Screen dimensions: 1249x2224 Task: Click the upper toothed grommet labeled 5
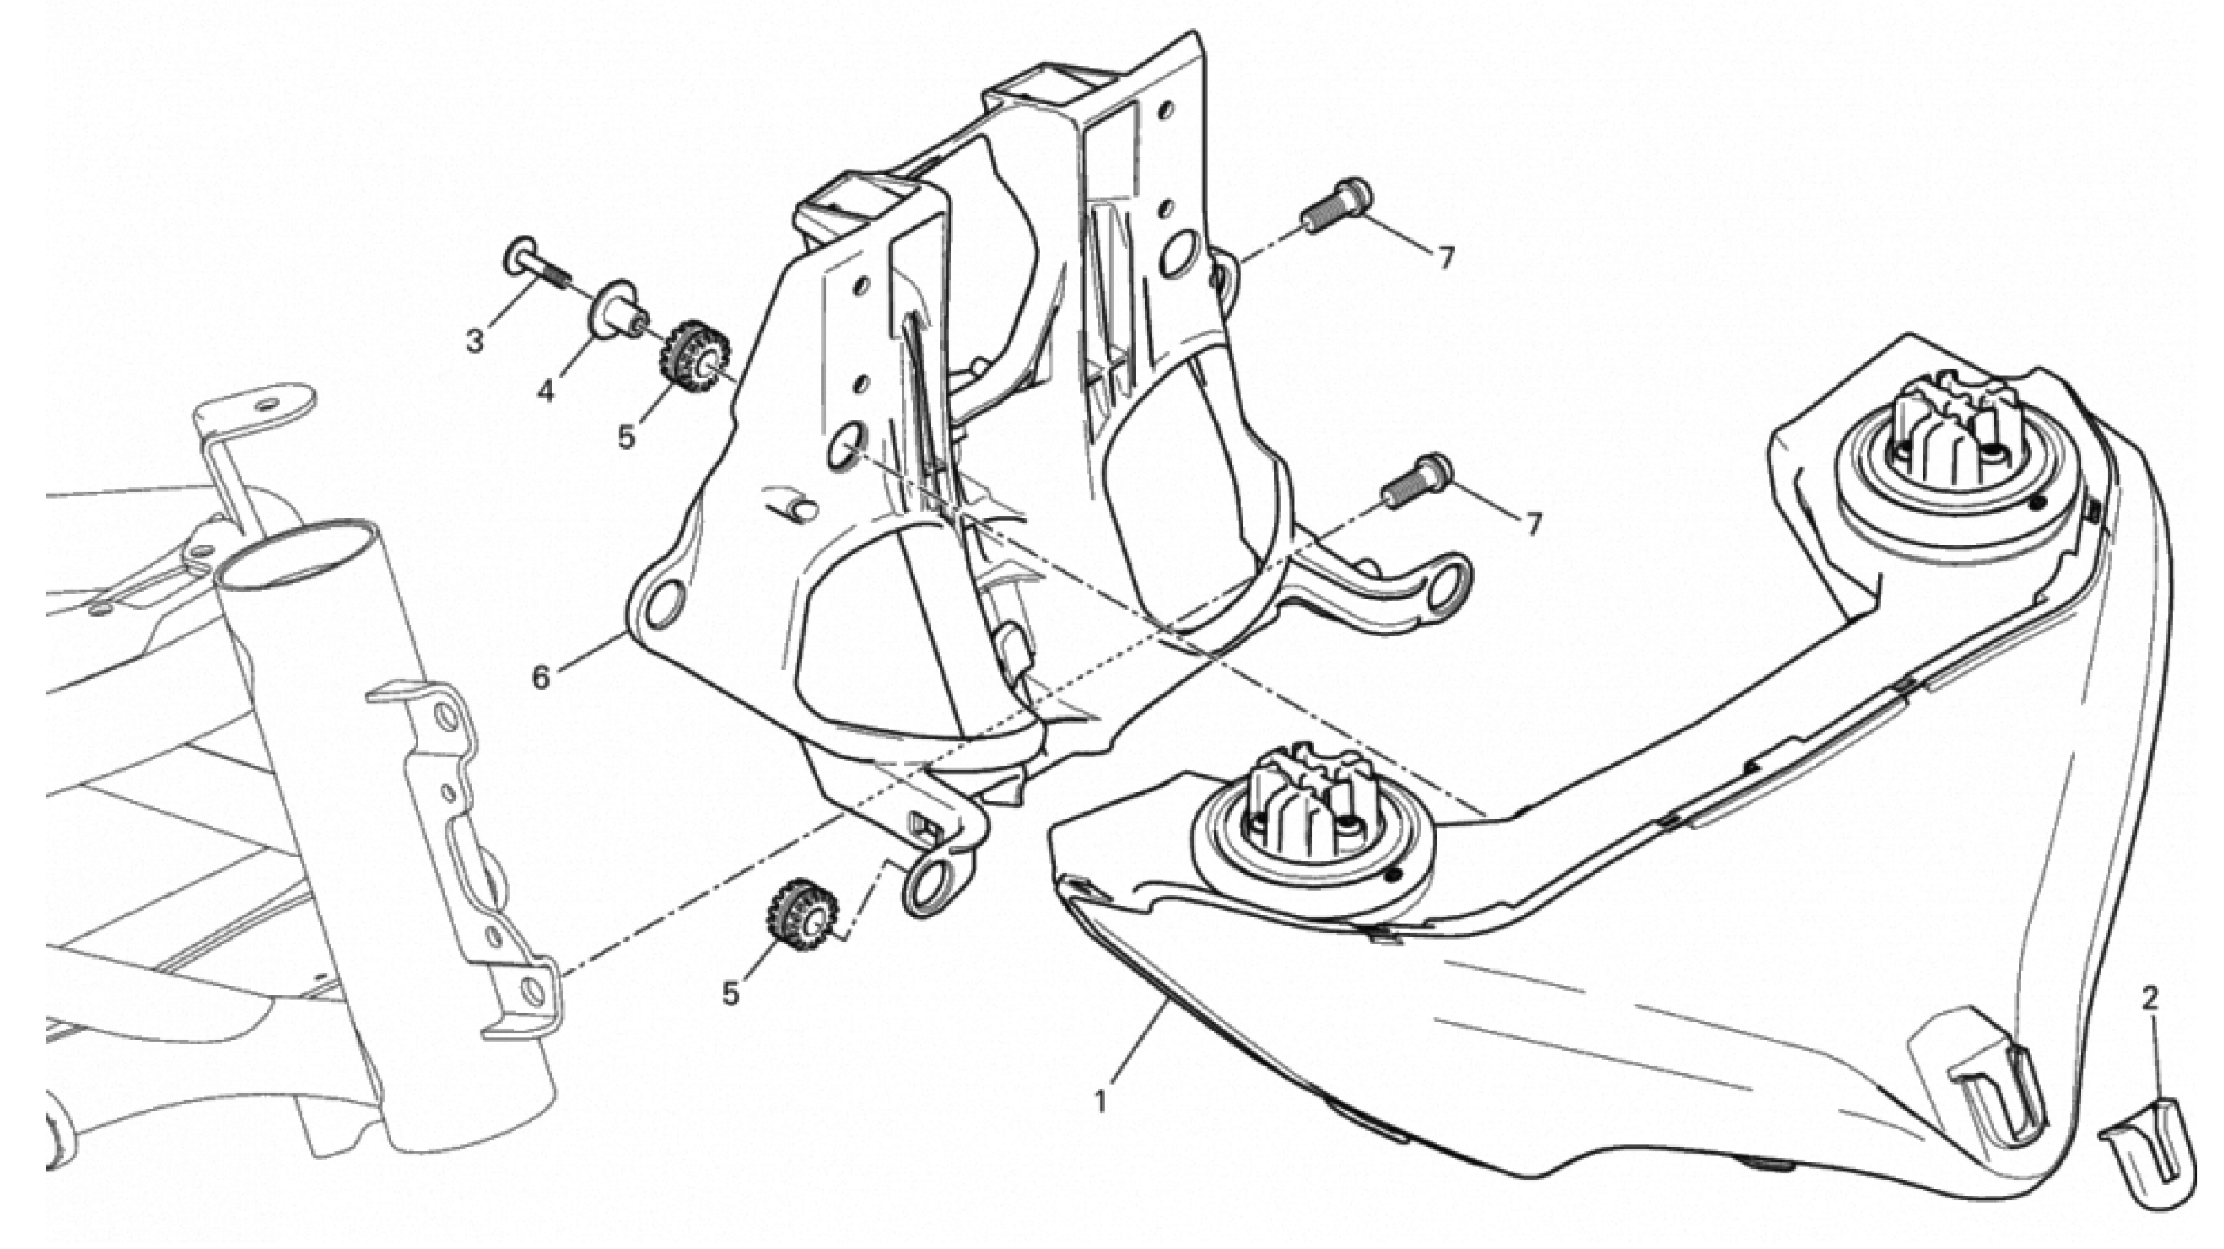coord(697,357)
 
